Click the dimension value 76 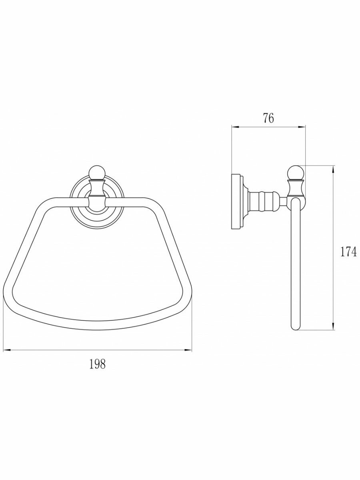(x=268, y=118)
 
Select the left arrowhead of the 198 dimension (x=6, y=350)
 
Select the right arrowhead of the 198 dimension (x=188, y=350)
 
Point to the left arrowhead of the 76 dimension (x=235, y=126)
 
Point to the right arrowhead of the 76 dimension (x=302, y=126)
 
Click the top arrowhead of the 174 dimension (x=333, y=169)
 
